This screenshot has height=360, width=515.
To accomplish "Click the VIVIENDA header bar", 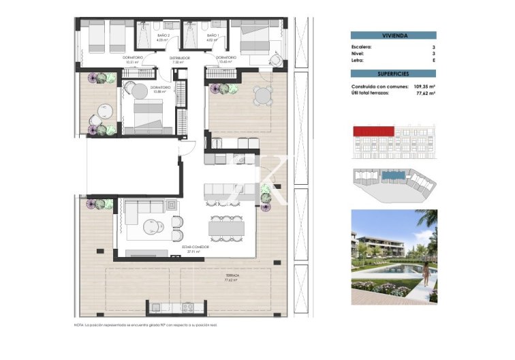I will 393,35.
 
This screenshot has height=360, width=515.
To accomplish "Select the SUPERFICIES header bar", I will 393,74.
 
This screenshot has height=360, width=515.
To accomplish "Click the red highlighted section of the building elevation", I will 374,130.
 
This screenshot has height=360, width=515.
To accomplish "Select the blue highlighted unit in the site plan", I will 392,175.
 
